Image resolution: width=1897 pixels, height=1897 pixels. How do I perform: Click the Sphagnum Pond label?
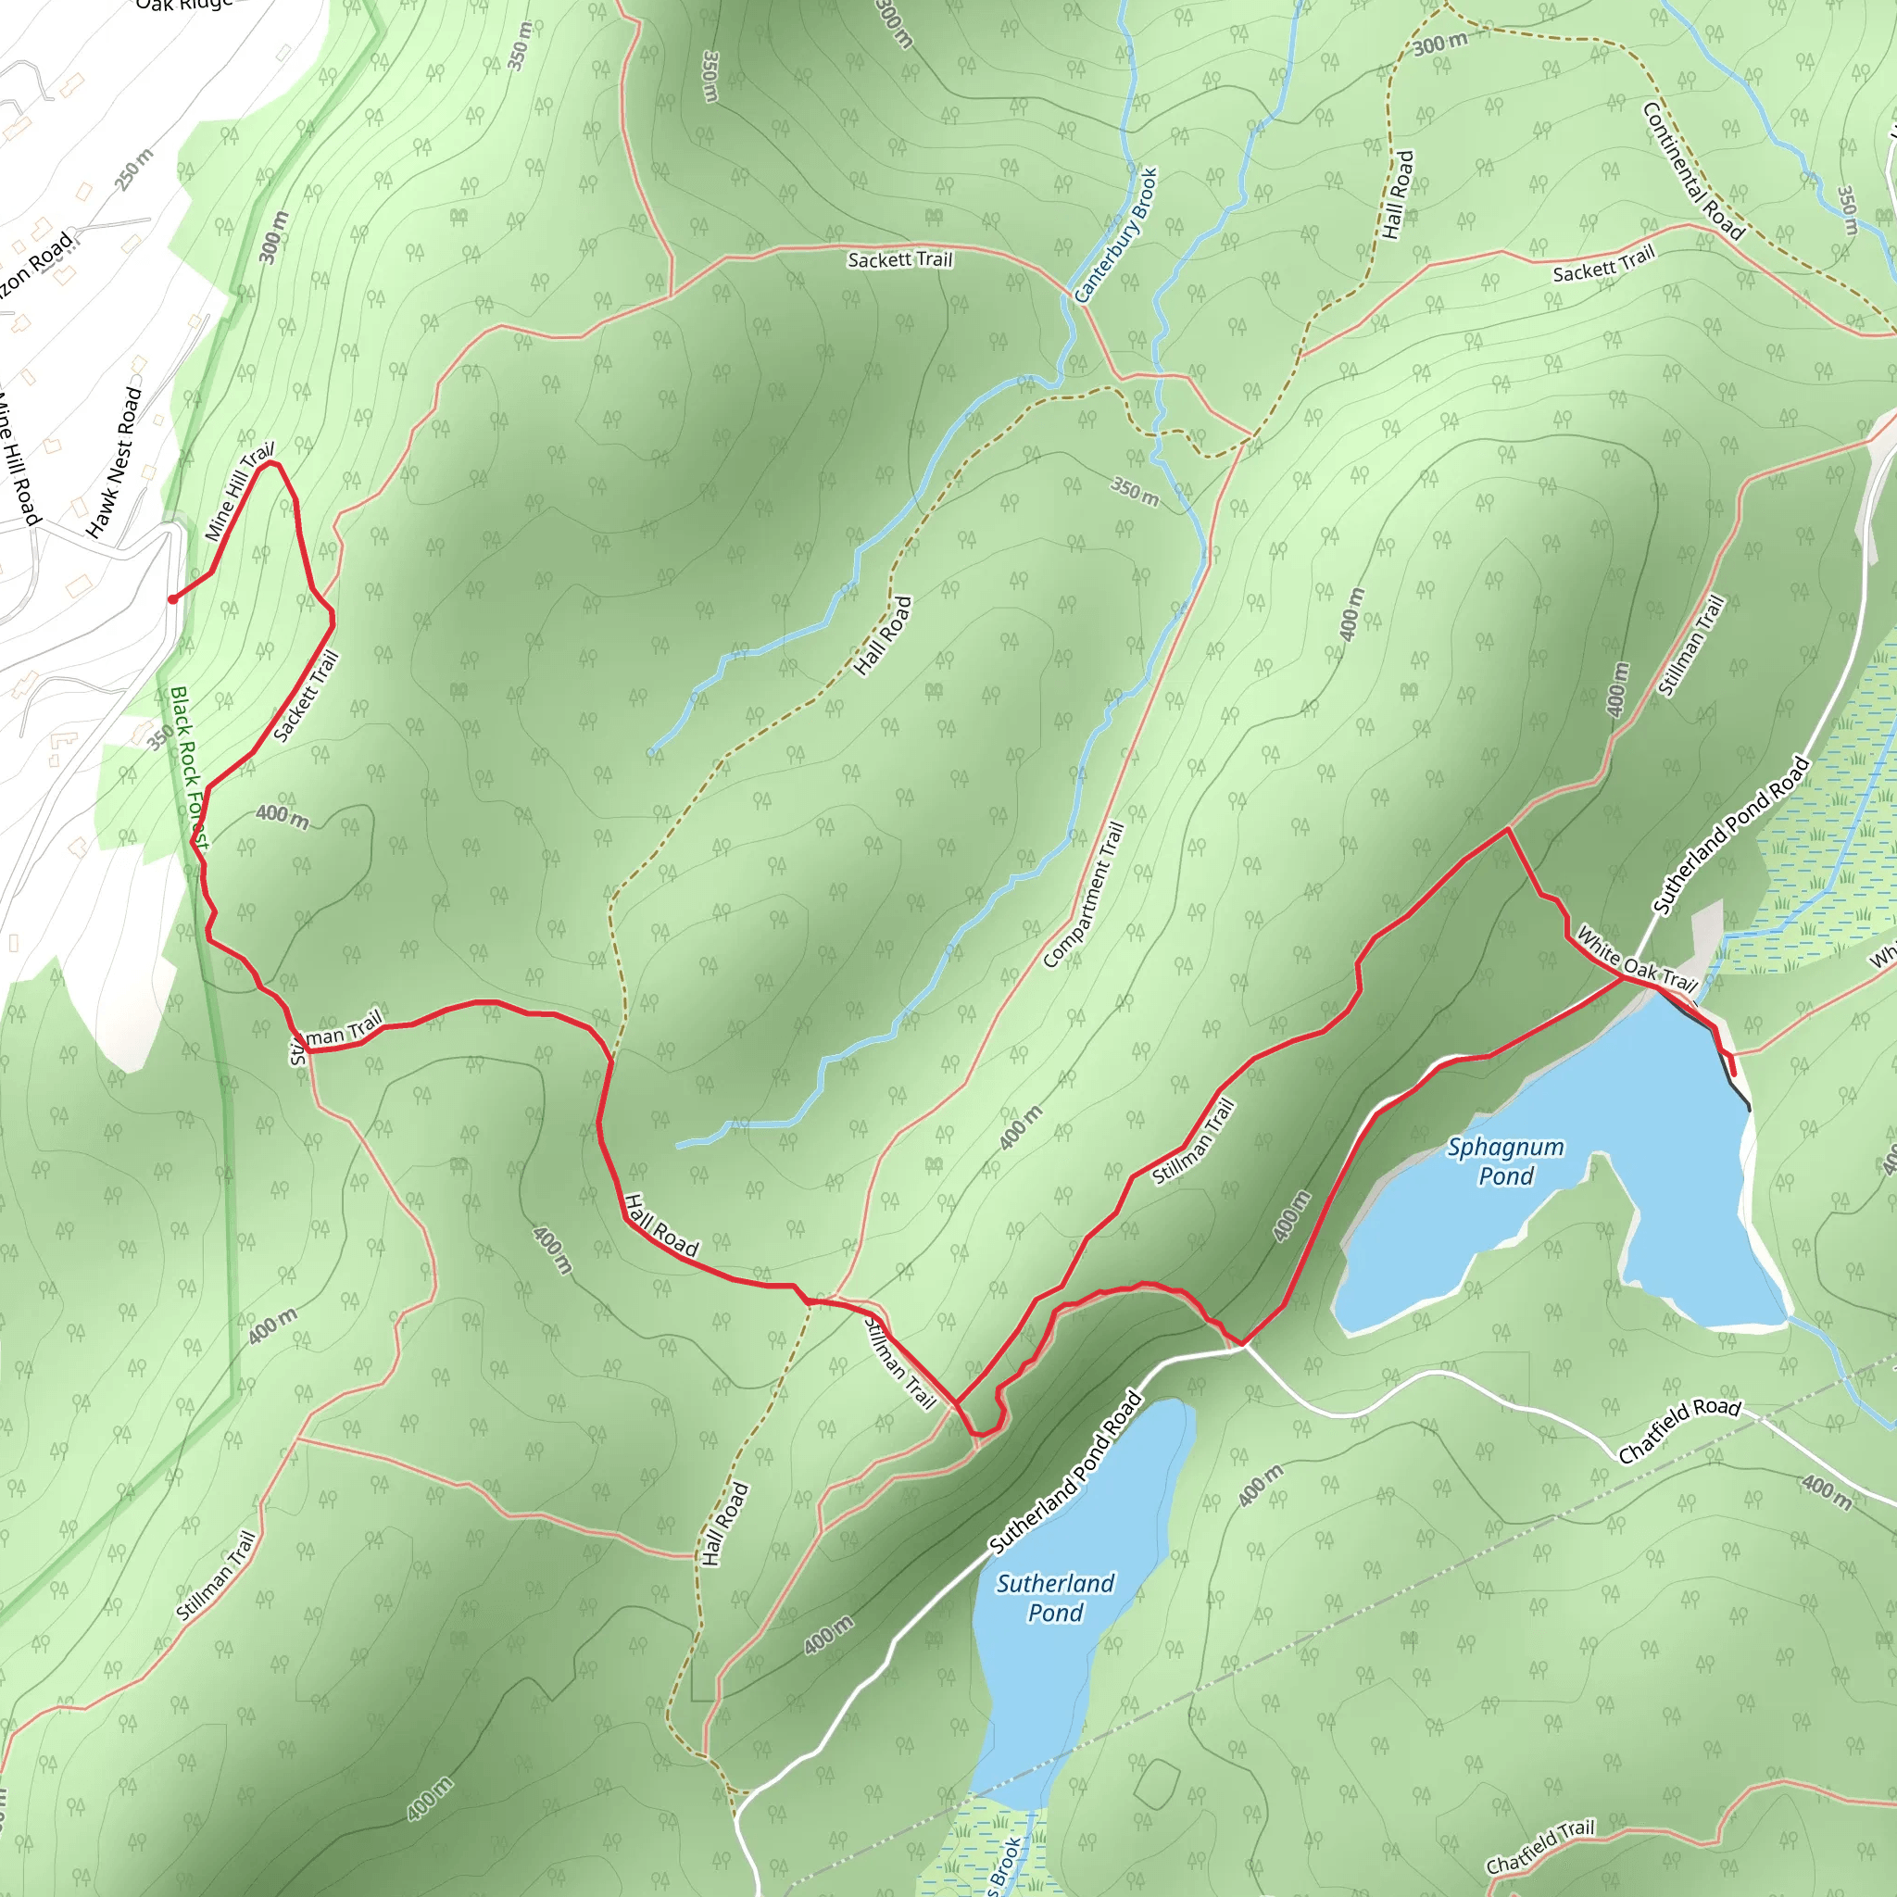pyautogui.click(x=1505, y=1161)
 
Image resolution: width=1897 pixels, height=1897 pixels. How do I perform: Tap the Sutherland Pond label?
pyautogui.click(x=1056, y=1598)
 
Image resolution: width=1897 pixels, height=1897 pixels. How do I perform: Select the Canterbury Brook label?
pyautogui.click(x=1115, y=235)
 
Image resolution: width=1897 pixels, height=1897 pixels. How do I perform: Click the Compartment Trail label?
pyautogui.click(x=1084, y=895)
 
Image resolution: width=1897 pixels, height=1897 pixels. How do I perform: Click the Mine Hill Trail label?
pyautogui.click(x=239, y=492)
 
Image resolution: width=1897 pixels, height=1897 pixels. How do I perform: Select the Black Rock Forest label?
pyautogui.click(x=189, y=767)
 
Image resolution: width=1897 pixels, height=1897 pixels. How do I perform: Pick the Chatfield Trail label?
pyautogui.click(x=1539, y=1846)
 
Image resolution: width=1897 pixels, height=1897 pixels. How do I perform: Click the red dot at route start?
pyautogui.click(x=172, y=599)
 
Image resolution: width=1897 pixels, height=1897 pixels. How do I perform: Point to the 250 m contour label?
pyautogui.click(x=134, y=169)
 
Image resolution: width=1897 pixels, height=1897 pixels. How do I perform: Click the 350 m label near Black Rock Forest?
pyautogui.click(x=159, y=736)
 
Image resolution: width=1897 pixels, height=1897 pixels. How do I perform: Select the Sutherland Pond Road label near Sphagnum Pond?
pyautogui.click(x=1730, y=835)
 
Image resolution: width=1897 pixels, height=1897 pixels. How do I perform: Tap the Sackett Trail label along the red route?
pyautogui.click(x=306, y=697)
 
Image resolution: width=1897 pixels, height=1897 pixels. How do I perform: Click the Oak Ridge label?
pyautogui.click(x=184, y=5)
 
